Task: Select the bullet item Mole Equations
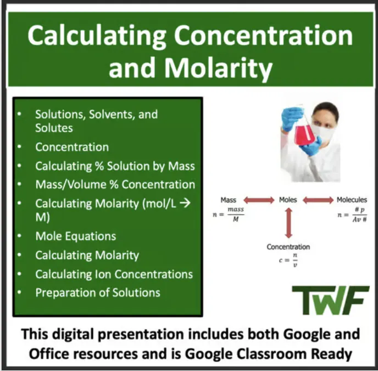75,236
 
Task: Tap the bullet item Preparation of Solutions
97,292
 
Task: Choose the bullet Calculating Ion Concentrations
114,274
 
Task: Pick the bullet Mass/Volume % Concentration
115,184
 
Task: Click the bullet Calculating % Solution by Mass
115,166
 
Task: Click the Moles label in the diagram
288,200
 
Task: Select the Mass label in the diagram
228,200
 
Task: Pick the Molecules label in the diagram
352,200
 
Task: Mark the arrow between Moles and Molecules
318,200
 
